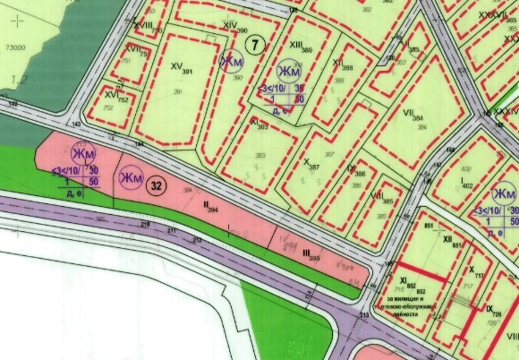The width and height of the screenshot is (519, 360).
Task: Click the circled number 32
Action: click(157, 186)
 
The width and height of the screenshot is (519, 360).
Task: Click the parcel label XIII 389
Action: click(302, 47)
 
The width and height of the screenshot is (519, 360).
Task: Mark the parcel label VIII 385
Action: click(379, 198)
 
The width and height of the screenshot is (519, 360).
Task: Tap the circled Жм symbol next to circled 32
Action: click(132, 179)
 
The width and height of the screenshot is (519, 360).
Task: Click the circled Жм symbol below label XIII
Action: click(288, 71)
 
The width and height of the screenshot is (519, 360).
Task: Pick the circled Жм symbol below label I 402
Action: click(505, 194)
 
